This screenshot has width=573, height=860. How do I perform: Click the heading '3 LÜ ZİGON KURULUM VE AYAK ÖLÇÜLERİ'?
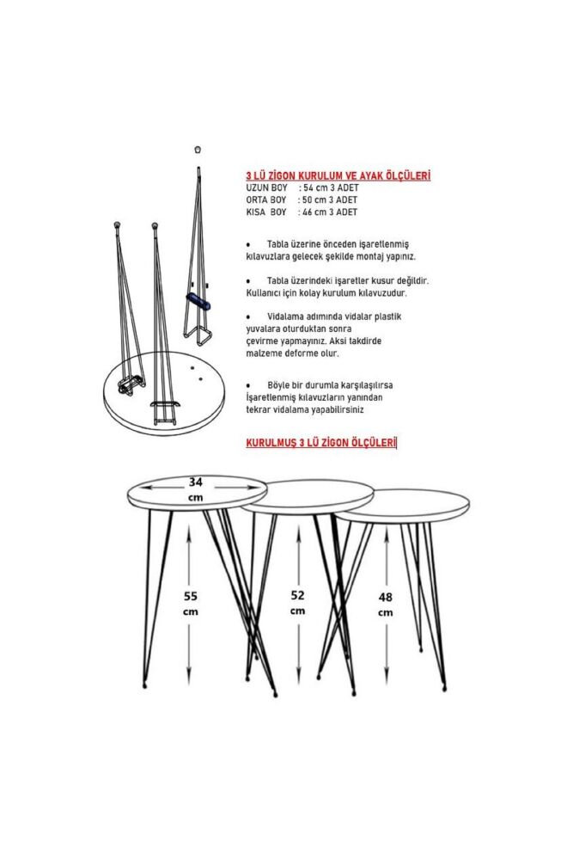338,175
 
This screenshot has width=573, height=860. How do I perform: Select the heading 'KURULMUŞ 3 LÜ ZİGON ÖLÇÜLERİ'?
321,444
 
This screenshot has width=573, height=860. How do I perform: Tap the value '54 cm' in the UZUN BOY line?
312,187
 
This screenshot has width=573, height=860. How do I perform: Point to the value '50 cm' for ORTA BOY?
312,200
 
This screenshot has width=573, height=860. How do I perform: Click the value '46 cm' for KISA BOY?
312,212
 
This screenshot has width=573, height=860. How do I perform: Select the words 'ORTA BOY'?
265,200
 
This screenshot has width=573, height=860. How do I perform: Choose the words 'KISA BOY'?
265,212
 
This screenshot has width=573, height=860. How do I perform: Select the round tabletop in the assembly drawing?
163,391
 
